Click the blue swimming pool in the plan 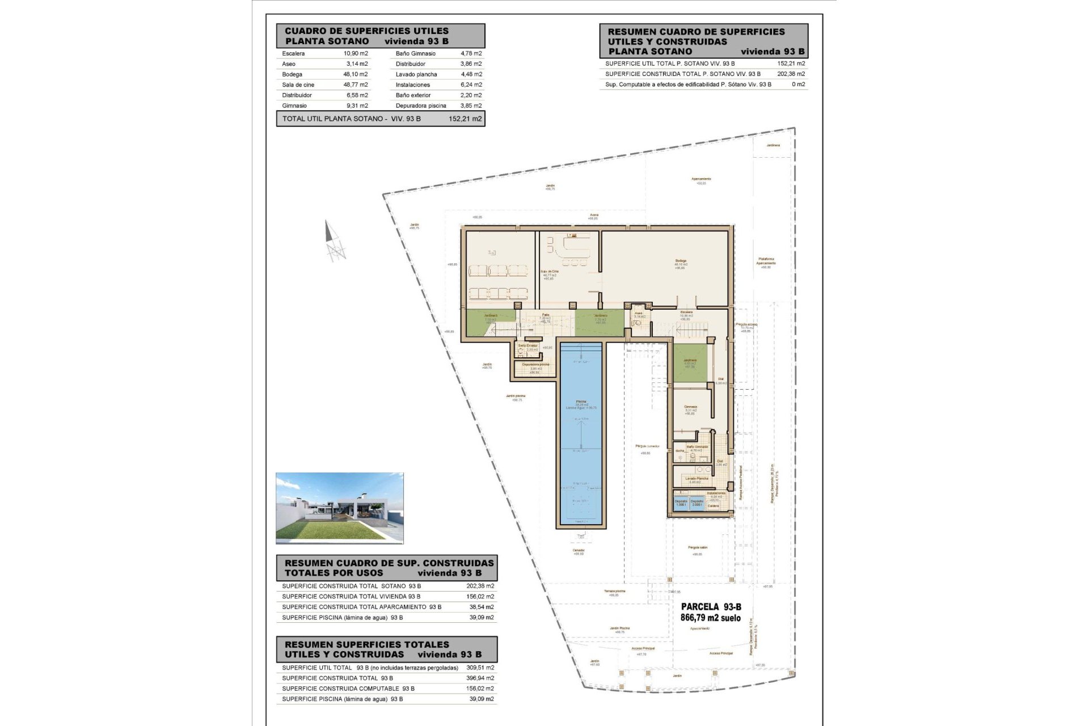pyautogui.click(x=581, y=434)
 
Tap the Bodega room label pyautogui.click(x=681, y=261)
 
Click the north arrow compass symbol pyautogui.click(x=334, y=241)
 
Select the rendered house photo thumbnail pyautogui.click(x=339, y=508)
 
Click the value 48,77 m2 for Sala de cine pyautogui.click(x=356, y=85)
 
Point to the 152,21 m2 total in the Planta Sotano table pyautogui.click(x=465, y=119)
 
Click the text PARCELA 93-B pyautogui.click(x=711, y=607)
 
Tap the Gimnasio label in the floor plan pyautogui.click(x=690, y=407)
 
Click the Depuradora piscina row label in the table pyautogui.click(x=421, y=105)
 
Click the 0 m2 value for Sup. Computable pyautogui.click(x=798, y=85)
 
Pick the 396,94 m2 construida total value pyautogui.click(x=480, y=678)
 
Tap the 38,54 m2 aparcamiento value pyautogui.click(x=482, y=607)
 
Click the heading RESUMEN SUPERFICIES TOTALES pyautogui.click(x=366, y=644)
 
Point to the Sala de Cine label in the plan pyautogui.click(x=549, y=272)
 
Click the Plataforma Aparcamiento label pyautogui.click(x=765, y=261)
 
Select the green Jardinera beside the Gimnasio pyautogui.click(x=689, y=364)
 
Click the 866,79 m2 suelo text pyautogui.click(x=710, y=618)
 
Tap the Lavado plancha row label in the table pyautogui.click(x=416, y=74)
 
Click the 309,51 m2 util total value pyautogui.click(x=480, y=668)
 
